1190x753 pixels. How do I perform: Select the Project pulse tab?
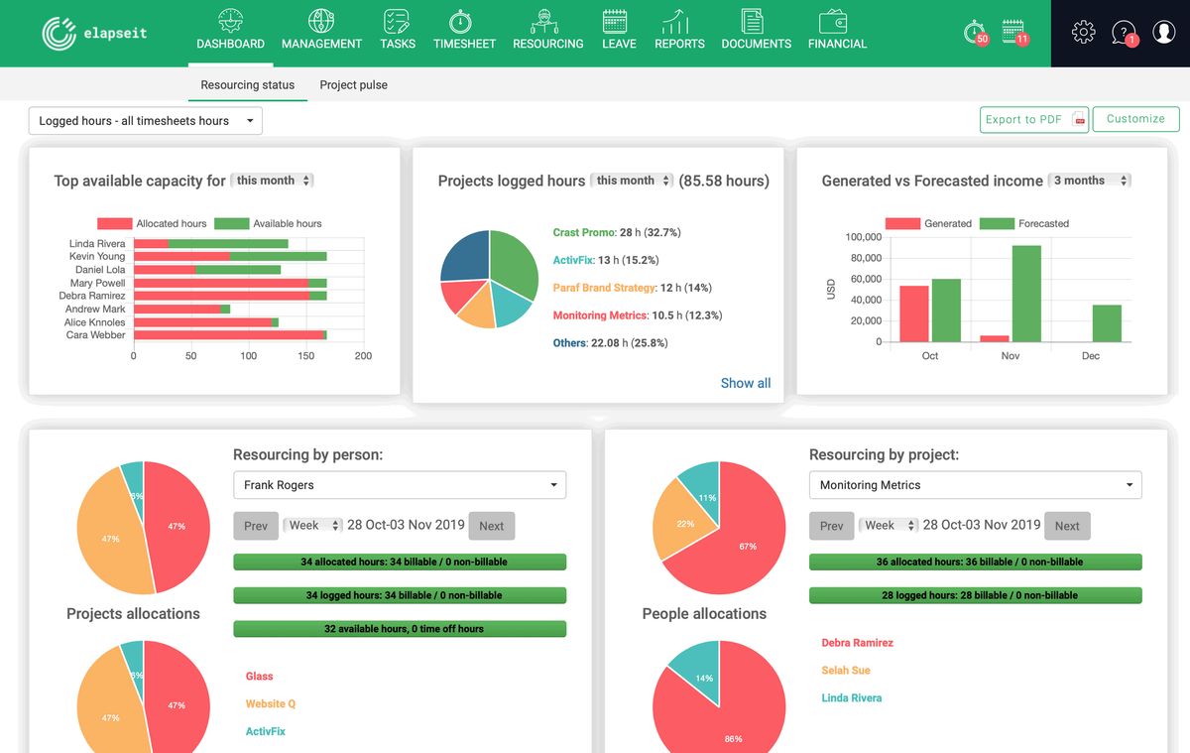pyautogui.click(x=353, y=85)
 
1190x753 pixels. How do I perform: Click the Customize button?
pyautogui.click(x=1135, y=119)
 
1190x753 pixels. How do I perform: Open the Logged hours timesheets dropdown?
pyautogui.click(x=146, y=121)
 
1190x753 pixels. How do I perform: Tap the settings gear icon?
pyautogui.click(x=1083, y=33)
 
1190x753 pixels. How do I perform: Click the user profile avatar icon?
pyautogui.click(x=1163, y=33)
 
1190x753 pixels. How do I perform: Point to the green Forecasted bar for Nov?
pyautogui.click(x=1026, y=294)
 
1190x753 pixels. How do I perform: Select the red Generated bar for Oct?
pyautogui.click(x=913, y=314)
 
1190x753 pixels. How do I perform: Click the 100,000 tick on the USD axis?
pyautogui.click(x=863, y=237)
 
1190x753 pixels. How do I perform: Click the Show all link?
pyautogui.click(x=745, y=383)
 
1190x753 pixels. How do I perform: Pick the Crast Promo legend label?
pyautogui.click(x=583, y=232)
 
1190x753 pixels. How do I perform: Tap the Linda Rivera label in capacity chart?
pyautogui.click(x=97, y=243)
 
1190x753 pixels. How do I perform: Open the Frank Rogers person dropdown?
pyautogui.click(x=399, y=485)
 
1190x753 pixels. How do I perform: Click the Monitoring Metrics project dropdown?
pyautogui.click(x=975, y=485)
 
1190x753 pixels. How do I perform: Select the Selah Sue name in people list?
pyautogui.click(x=845, y=671)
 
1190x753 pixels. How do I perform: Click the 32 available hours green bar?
pyautogui.click(x=399, y=629)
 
